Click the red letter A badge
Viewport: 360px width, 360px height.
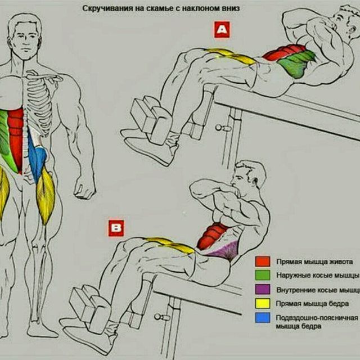tap(222, 30)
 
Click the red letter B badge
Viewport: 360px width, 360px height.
tap(116, 228)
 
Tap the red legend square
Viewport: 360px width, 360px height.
tap(262, 262)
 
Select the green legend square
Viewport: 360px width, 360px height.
tap(262, 276)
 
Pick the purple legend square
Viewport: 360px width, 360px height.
tap(262, 290)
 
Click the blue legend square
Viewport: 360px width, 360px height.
tap(262, 318)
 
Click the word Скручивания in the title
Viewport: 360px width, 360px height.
tap(103, 10)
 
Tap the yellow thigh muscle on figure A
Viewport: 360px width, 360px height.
tap(228, 56)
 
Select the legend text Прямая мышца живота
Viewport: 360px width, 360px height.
tap(314, 262)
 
